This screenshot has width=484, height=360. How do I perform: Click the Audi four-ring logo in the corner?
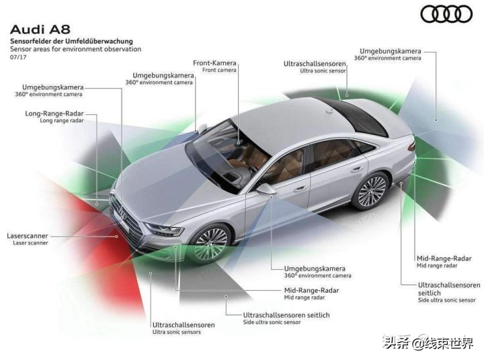tap(446, 14)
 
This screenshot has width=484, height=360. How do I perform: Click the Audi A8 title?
tap(40, 30)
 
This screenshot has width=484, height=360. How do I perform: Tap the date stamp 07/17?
tap(18, 57)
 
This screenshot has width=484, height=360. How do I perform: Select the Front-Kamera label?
tap(214, 63)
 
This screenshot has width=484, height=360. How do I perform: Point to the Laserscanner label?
tap(28, 236)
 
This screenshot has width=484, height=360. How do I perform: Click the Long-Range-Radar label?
tap(54, 114)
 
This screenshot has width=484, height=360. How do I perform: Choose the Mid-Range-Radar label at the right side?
tap(444, 258)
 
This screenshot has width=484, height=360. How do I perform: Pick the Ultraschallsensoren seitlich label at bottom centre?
tap(286, 315)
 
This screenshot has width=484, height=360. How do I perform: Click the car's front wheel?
tap(211, 243)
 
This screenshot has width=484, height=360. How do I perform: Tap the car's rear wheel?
tap(371, 192)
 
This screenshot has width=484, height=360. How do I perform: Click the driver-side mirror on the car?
tap(266, 189)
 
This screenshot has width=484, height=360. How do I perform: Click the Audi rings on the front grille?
tap(122, 214)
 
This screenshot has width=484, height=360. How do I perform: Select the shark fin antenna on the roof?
tap(329, 111)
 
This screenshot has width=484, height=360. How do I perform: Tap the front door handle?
tap(299, 189)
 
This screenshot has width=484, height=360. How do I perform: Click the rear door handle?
tap(356, 169)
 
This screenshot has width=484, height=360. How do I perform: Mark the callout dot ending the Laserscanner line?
tap(117, 236)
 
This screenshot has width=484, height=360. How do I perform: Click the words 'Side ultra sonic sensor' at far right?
tap(446, 300)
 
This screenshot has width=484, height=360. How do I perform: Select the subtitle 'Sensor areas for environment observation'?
tap(75, 49)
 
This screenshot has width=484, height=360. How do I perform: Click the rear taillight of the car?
tap(411, 146)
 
